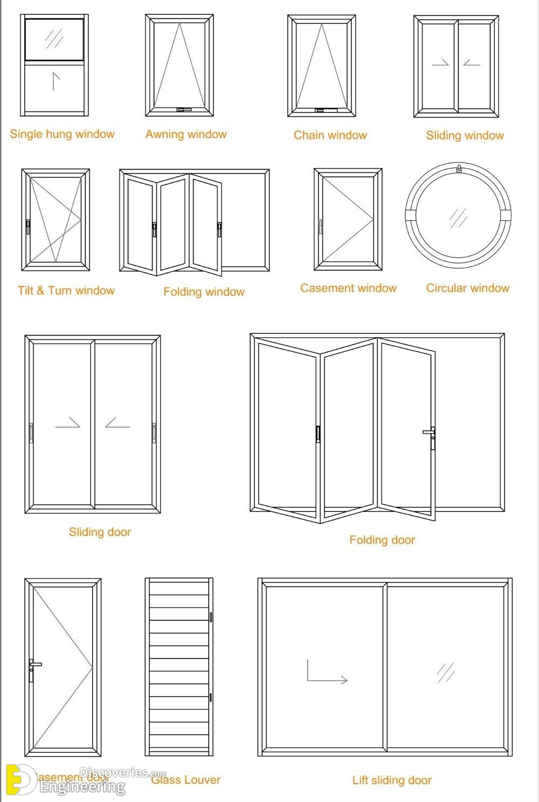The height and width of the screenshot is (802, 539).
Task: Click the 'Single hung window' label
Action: pyautogui.click(x=62, y=134)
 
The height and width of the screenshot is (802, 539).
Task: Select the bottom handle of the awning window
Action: pyautogui.click(x=184, y=110)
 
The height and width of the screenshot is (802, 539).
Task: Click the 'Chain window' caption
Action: pyautogui.click(x=330, y=135)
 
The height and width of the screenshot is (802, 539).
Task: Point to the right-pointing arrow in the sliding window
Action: pyautogui.click(x=440, y=63)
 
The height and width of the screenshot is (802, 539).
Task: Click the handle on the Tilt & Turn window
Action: pyautogui.click(x=28, y=227)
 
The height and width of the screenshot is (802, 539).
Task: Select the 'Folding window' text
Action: pyautogui.click(x=204, y=292)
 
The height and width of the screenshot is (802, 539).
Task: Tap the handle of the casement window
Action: pyautogui.click(x=320, y=226)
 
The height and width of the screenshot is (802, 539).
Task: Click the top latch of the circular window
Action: pyautogui.click(x=459, y=169)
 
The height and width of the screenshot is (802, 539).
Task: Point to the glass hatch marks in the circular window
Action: pyautogui.click(x=458, y=218)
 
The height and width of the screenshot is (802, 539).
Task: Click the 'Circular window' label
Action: pyautogui.click(x=467, y=288)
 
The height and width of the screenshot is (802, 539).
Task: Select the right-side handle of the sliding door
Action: pyautogui.click(x=154, y=433)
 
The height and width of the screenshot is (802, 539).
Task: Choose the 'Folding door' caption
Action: pyautogui.click(x=382, y=540)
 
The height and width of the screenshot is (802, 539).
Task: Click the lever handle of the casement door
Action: pyautogui.click(x=33, y=668)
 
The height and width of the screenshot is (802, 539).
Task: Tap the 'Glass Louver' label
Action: pyautogui.click(x=185, y=779)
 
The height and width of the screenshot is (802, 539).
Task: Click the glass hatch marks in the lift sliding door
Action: pyautogui.click(x=446, y=672)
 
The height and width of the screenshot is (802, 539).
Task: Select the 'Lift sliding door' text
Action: pyautogui.click(x=392, y=780)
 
